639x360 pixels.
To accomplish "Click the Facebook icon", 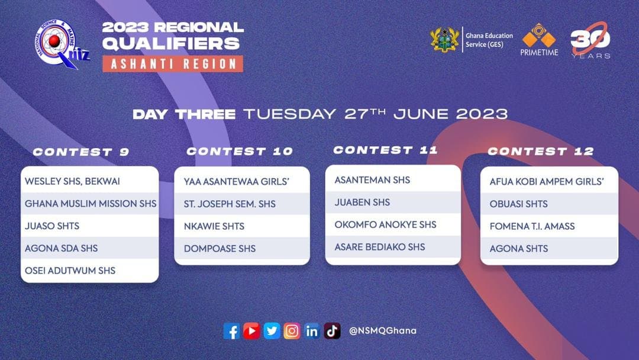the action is click(231, 331).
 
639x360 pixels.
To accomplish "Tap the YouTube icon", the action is click(251, 331).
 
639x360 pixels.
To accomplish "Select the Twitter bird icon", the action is click(272, 331).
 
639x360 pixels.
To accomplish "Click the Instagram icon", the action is click(292, 331).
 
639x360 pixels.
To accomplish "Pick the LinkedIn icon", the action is click(312, 331).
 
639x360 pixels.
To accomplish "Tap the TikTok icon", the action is click(332, 331).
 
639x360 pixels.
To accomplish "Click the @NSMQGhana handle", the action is click(383, 330).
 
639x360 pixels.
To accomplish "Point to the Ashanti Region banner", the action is click(173, 64).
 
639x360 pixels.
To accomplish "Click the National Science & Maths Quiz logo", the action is click(61, 44).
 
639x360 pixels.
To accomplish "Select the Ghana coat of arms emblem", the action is click(444, 40).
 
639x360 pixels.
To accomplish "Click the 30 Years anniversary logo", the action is click(590, 40).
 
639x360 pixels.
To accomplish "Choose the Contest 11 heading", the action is click(385, 150).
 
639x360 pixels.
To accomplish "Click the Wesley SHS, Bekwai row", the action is click(73, 181).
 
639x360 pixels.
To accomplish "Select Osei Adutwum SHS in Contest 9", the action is click(70, 271).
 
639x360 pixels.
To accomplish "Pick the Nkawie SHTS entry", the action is click(214, 226).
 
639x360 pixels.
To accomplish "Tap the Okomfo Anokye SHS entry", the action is click(386, 224).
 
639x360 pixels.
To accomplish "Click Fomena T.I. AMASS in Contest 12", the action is click(532, 226).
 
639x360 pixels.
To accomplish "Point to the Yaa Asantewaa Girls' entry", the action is click(236, 181).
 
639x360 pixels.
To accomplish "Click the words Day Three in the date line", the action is click(184, 114).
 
